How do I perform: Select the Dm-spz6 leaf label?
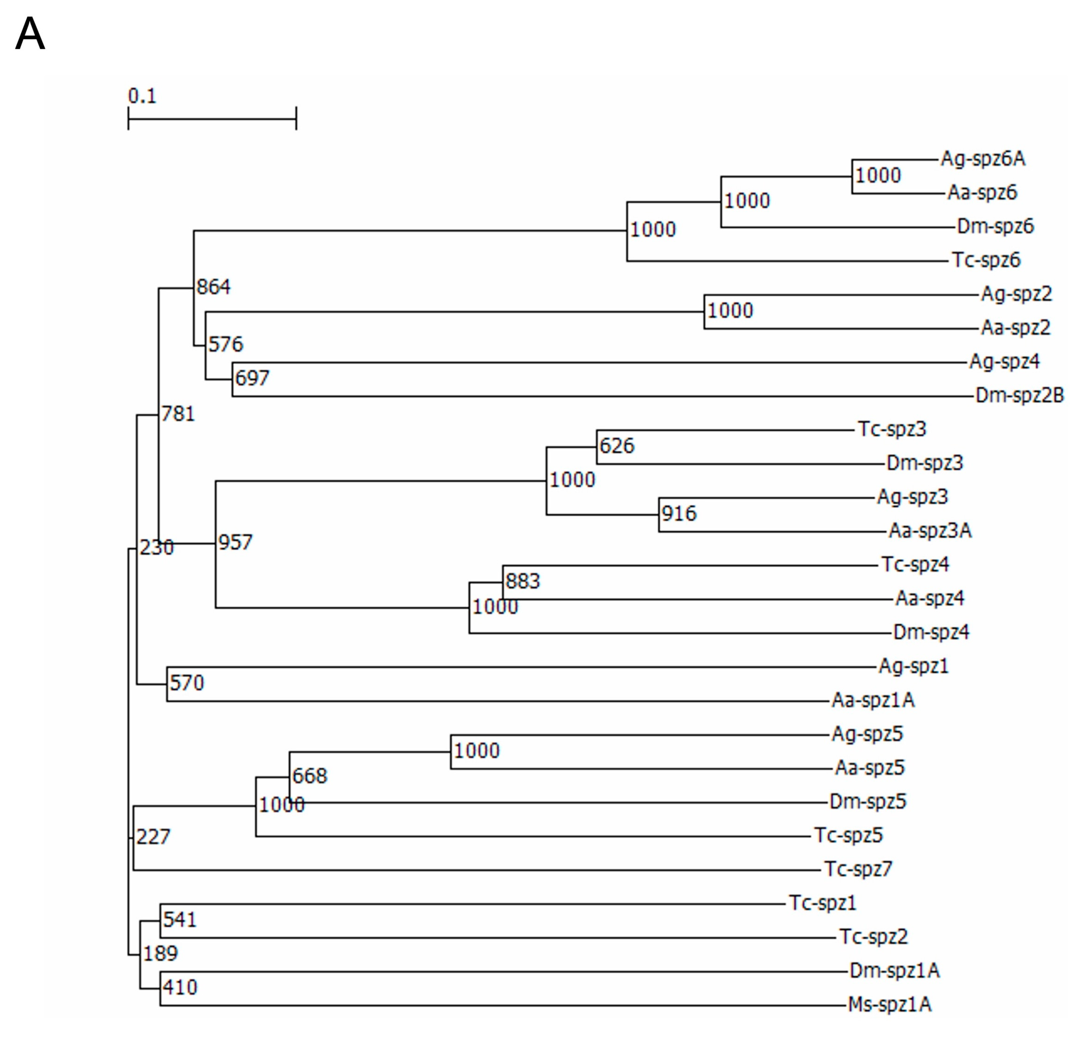tap(995, 226)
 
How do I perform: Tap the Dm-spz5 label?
tap(868, 801)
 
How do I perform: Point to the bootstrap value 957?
tap(235, 542)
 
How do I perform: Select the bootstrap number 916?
tap(679, 514)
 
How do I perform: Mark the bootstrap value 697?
tap(252, 378)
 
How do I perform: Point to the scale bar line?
tap(212, 118)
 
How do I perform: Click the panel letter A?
tap(30, 34)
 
